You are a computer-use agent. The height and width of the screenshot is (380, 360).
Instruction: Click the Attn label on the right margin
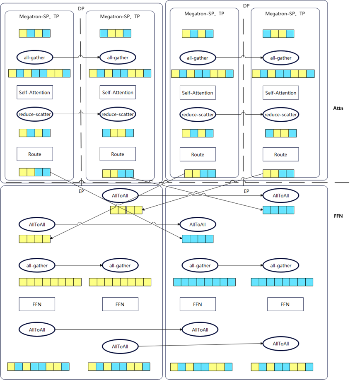(338, 108)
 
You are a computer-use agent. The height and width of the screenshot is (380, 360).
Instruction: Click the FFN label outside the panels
(338, 216)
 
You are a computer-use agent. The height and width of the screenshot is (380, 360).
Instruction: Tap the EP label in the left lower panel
(81, 192)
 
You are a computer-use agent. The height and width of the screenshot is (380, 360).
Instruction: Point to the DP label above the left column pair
(81, 9)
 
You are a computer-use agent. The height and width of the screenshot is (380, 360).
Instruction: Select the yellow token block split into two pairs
(126, 210)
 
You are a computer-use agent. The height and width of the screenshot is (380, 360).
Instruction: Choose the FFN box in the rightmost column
(285, 304)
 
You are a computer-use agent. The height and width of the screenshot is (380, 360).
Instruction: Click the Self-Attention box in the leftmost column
(35, 92)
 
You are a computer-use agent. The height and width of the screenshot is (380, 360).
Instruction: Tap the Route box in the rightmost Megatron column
(280, 154)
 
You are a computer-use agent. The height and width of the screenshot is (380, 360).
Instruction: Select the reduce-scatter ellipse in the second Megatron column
(118, 114)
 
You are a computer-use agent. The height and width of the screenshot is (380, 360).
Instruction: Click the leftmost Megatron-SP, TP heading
(38, 17)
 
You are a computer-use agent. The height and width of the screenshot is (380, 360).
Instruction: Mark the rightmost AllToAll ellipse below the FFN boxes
(280, 344)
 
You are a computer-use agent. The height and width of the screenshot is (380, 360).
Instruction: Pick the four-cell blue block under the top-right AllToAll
(278, 210)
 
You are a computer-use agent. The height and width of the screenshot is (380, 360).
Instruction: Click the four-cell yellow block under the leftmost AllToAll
(34, 238)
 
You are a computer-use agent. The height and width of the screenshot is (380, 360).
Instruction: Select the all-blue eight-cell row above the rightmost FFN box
(282, 282)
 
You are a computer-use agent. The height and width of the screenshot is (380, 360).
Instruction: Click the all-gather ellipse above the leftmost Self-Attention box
(35, 58)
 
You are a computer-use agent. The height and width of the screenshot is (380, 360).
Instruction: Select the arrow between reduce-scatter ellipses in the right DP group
(239, 114)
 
